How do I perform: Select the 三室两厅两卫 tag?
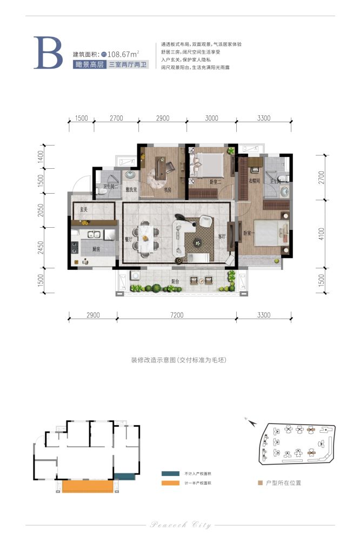click(x=128, y=64)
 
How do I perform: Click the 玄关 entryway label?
click(x=84, y=208)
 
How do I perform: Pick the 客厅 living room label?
click(x=221, y=236)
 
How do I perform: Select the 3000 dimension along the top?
click(x=211, y=118)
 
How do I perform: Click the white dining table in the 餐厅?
click(x=148, y=237)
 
